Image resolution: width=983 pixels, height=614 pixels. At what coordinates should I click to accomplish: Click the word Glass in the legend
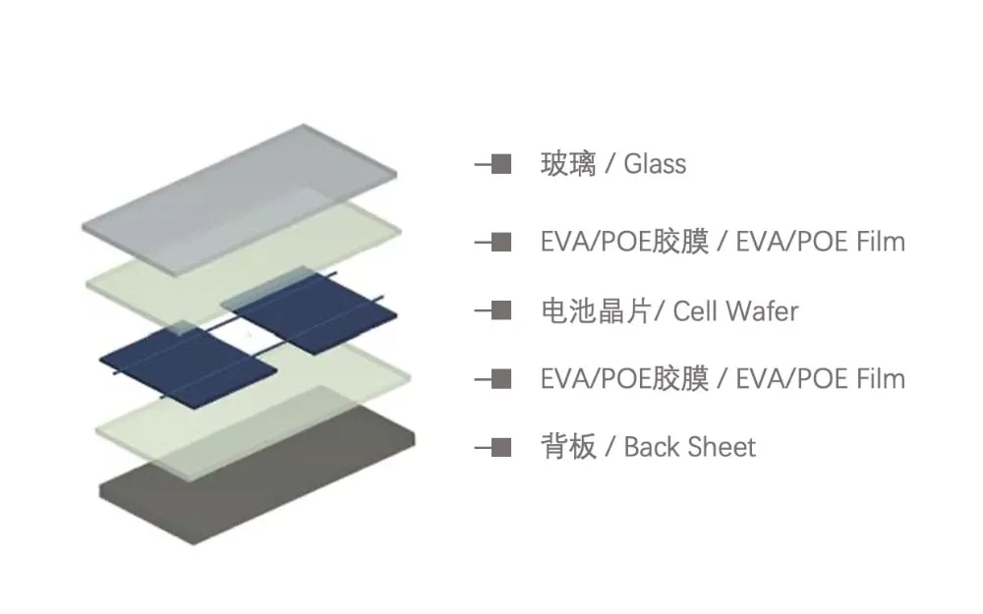tap(655, 164)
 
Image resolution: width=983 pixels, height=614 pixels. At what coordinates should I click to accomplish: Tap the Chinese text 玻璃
tap(568, 164)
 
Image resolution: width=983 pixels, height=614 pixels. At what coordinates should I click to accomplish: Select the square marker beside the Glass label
tap(500, 164)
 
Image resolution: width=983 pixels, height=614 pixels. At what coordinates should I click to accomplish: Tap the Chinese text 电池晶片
tap(596, 312)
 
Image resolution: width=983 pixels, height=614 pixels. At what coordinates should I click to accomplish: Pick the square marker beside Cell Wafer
tap(500, 311)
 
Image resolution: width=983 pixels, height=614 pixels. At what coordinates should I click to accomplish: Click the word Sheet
tap(723, 448)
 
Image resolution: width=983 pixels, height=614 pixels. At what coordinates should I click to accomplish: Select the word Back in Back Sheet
tap(652, 448)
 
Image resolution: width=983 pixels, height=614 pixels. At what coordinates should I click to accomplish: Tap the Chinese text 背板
tap(568, 448)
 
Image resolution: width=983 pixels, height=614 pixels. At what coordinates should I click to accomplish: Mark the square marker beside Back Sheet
tap(500, 448)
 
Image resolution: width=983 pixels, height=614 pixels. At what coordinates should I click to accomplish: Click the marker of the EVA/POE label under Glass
tap(500, 242)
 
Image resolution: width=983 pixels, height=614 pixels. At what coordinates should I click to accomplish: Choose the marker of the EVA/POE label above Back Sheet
tap(500, 378)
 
